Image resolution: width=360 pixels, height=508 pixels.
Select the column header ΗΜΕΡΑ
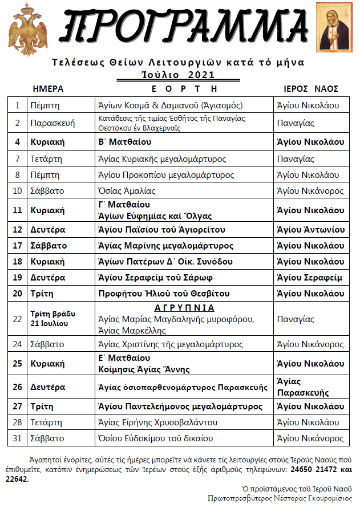click(48, 89)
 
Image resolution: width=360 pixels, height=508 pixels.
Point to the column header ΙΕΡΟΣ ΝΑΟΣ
click(312, 89)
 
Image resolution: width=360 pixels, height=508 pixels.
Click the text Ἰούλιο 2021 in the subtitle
click(178, 75)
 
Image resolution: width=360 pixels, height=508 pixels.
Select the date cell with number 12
click(18, 230)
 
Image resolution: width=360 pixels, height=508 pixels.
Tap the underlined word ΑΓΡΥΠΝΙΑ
click(185, 308)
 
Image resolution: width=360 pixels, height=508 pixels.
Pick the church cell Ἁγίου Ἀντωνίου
click(310, 230)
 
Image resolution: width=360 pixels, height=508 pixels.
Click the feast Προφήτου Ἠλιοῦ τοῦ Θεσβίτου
click(164, 294)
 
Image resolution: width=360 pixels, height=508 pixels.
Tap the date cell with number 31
click(18, 438)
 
